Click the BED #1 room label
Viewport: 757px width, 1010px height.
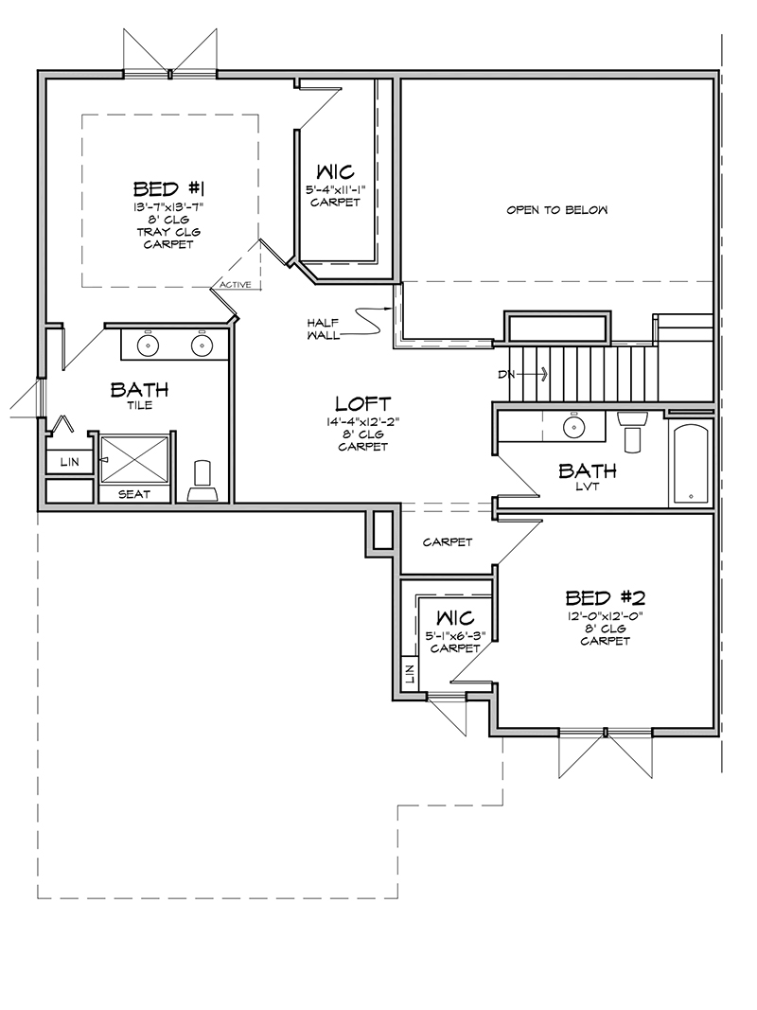click(168, 188)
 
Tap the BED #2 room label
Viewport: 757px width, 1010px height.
click(605, 597)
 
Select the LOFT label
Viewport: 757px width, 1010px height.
click(363, 404)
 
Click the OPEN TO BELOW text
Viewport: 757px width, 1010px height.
click(556, 210)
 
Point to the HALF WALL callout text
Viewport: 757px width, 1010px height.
click(323, 329)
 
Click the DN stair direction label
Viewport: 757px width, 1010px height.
click(504, 374)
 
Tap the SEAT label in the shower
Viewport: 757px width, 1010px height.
click(133, 494)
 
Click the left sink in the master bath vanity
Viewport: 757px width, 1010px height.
click(148, 346)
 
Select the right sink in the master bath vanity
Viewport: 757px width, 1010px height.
click(202, 346)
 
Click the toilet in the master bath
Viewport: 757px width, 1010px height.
click(202, 481)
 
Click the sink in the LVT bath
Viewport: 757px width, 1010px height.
click(572, 426)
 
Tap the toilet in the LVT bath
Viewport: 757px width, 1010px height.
click(632, 431)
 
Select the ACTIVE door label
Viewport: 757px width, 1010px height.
click(235, 285)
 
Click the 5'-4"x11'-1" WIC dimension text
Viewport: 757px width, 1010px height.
click(335, 190)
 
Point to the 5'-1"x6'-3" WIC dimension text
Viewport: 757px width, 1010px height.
click(455, 636)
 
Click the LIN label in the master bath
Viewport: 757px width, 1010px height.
click(69, 462)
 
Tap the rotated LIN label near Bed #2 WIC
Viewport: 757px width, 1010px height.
click(409, 674)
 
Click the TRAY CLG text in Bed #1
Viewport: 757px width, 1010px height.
click(168, 232)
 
